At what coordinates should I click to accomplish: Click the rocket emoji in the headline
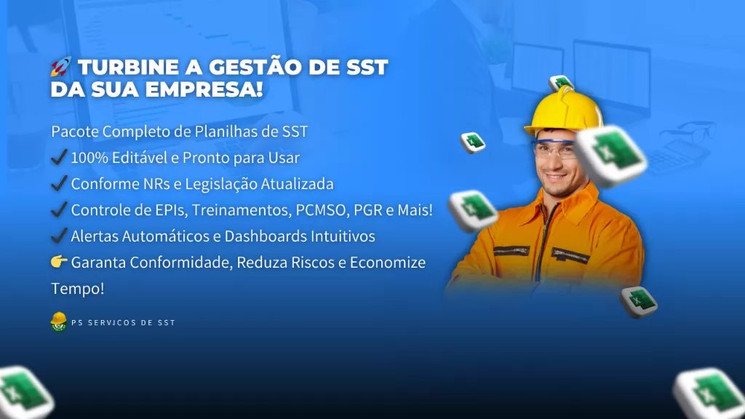click(x=61, y=66)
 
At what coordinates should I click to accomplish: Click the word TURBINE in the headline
click(x=128, y=67)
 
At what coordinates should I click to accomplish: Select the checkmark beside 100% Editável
click(x=59, y=157)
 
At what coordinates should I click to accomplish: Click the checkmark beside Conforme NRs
click(x=59, y=183)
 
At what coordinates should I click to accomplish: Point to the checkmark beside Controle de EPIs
click(x=59, y=209)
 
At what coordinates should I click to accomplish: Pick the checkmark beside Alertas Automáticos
click(x=59, y=235)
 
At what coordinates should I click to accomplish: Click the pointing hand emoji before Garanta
click(x=59, y=261)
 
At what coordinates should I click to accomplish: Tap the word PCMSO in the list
click(x=321, y=210)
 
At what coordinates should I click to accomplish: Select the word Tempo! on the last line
click(x=77, y=288)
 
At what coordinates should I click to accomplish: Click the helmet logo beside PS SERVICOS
click(x=58, y=322)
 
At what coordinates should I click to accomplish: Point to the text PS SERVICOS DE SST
click(x=124, y=322)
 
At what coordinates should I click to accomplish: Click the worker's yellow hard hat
click(x=564, y=111)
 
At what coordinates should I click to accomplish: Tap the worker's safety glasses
click(x=554, y=149)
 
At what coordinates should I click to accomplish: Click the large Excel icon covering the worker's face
click(x=610, y=155)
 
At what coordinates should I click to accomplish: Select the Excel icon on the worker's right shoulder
click(x=473, y=210)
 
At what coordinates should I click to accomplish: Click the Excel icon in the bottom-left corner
click(x=24, y=392)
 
